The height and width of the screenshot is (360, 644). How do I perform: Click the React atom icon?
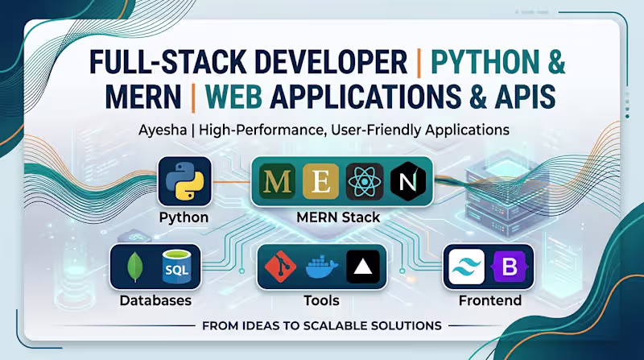click(x=364, y=183)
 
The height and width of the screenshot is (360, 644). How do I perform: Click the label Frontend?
click(x=489, y=301)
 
